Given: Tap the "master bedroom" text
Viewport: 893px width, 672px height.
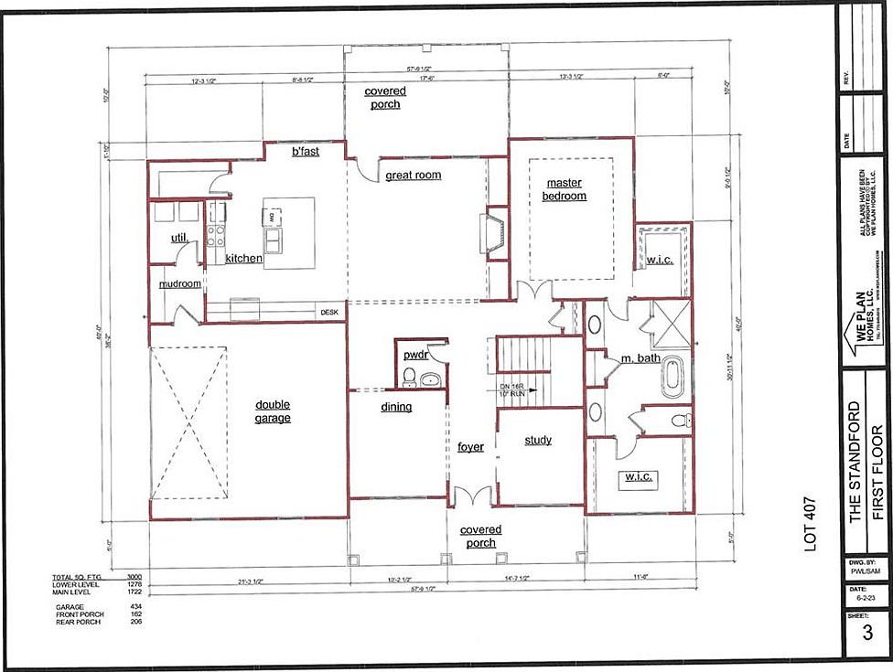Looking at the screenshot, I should pyautogui.click(x=564, y=189).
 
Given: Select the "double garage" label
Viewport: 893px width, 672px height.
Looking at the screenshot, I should pyautogui.click(x=273, y=411).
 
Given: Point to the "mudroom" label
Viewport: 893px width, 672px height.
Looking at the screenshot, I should pyautogui.click(x=180, y=283).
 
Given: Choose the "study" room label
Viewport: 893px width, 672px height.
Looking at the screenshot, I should pyautogui.click(x=538, y=441).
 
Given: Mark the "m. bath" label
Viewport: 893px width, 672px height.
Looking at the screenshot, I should pyautogui.click(x=640, y=357).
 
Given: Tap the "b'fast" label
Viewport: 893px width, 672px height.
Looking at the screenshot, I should pyautogui.click(x=305, y=151).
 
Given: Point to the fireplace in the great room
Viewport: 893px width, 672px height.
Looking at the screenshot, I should pyautogui.click(x=494, y=232).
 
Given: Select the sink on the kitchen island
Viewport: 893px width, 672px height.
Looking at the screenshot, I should pyautogui.click(x=274, y=240).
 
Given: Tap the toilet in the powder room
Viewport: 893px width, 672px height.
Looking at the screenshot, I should pyautogui.click(x=410, y=376).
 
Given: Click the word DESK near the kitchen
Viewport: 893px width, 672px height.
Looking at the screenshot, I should pyautogui.click(x=329, y=313).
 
